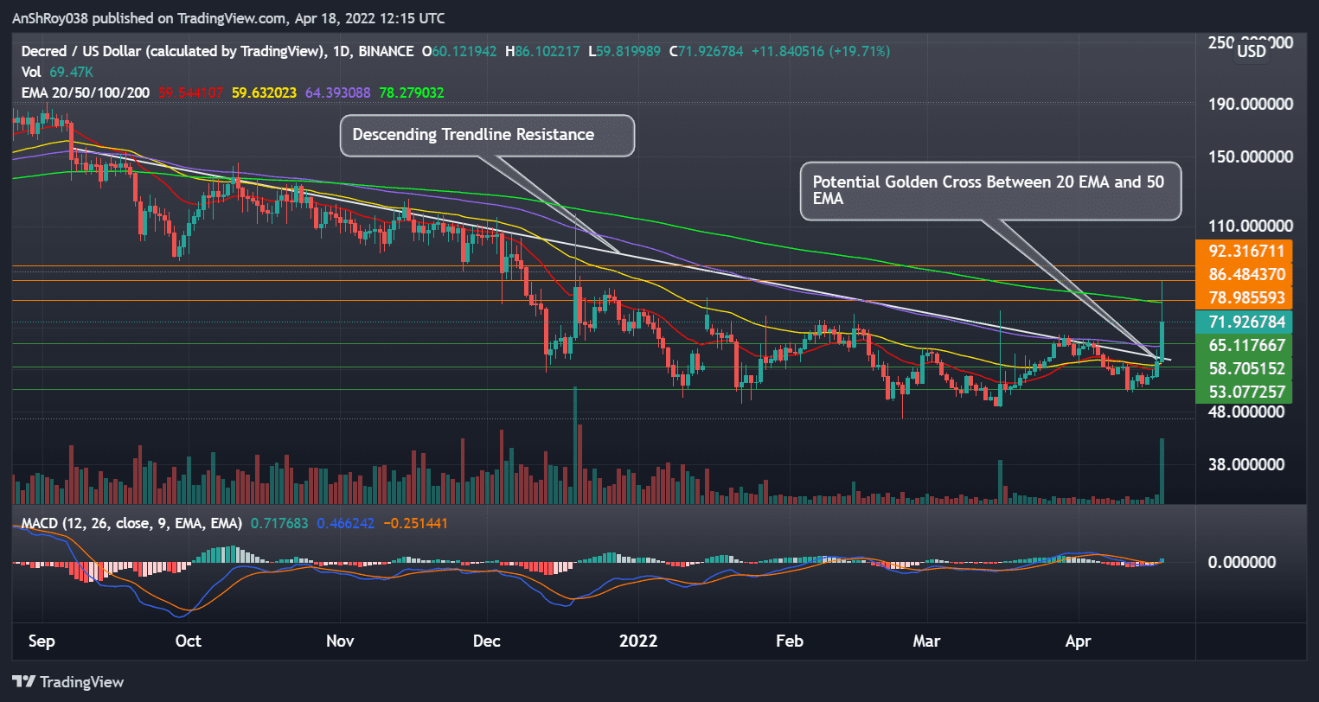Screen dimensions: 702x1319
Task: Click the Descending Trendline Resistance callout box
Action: click(487, 136)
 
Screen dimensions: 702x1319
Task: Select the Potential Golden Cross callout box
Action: click(989, 190)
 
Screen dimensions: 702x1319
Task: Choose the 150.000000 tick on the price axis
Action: click(1251, 156)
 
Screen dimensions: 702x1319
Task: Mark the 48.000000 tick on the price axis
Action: click(1246, 412)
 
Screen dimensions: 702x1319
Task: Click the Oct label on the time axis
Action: click(188, 641)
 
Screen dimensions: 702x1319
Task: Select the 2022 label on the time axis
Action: click(638, 641)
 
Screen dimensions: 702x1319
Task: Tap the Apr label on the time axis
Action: click(1078, 641)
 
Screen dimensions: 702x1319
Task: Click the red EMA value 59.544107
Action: click(191, 93)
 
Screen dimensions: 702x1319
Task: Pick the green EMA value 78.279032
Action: click(412, 93)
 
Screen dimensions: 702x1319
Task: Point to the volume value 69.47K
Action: click(72, 72)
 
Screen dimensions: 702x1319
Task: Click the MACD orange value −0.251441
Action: click(415, 523)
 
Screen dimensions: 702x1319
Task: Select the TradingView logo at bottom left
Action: click(68, 682)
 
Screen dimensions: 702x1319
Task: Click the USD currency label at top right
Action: click(1251, 51)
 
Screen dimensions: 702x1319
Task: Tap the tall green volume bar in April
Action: click(1162, 471)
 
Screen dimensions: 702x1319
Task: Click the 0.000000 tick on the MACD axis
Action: click(1241, 562)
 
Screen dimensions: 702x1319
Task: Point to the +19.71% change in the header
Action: click(860, 51)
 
